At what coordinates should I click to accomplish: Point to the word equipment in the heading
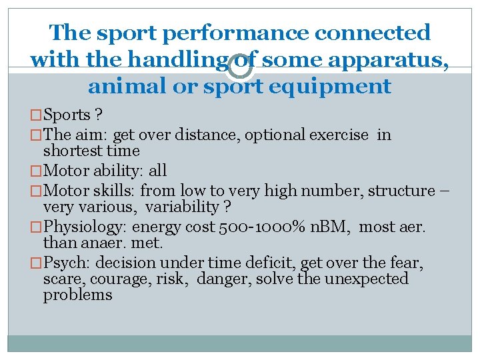pyautogui.click(x=342, y=86)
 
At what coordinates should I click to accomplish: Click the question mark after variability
pyautogui.click(x=227, y=207)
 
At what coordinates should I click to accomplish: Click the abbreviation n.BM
pyautogui.click(x=324, y=226)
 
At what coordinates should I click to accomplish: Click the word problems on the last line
pyautogui.click(x=78, y=294)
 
